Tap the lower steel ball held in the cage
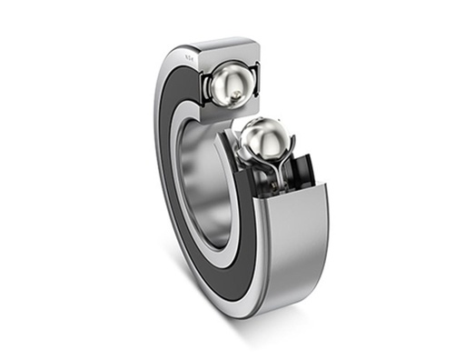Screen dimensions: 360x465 pyautogui.click(x=263, y=139)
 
